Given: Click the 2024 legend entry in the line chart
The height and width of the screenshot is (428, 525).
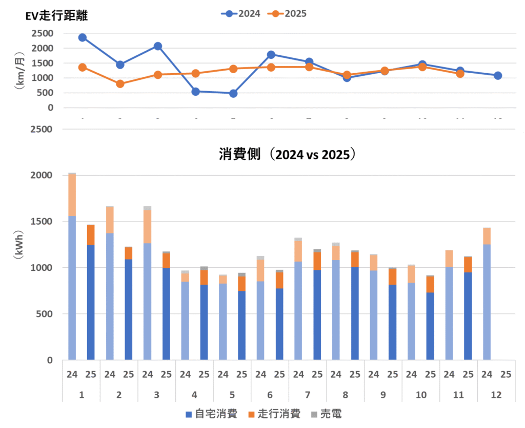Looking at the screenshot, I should (x=241, y=14).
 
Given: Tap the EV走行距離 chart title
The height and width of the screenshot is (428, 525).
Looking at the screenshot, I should (x=57, y=16).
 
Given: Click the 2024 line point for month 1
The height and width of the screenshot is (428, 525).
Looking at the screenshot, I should (x=83, y=37).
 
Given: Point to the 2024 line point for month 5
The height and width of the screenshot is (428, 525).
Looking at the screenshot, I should (x=233, y=93).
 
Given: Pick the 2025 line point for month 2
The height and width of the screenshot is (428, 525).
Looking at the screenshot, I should (x=120, y=83).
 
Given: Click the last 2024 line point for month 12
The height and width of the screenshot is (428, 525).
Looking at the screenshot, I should (x=497, y=75).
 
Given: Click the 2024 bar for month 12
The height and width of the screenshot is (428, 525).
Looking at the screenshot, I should (x=487, y=294).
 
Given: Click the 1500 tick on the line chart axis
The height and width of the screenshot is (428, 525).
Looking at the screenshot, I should (x=44, y=63).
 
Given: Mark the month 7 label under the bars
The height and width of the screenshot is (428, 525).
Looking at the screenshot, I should (x=308, y=395).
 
